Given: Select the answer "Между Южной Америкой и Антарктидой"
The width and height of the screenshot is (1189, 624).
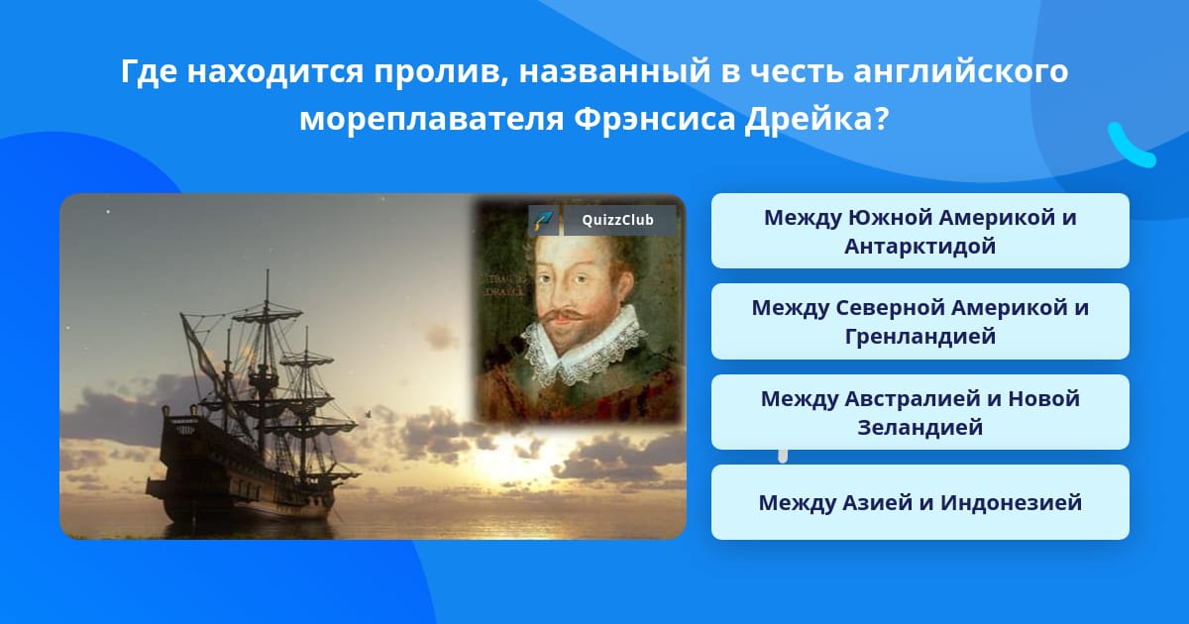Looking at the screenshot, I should pos(919,231).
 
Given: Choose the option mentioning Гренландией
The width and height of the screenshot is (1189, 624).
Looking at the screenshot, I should pos(919,321).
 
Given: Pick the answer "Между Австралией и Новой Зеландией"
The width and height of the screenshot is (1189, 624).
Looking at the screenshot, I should pos(919,412).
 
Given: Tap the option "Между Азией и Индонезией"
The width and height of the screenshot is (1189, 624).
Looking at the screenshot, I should pos(919,502).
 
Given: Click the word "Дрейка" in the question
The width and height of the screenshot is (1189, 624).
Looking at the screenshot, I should pos(809,119).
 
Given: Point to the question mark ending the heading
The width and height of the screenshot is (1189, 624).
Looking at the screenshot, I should pos(879,119).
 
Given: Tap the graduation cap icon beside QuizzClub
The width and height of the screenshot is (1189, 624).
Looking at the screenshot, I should pos(543,220).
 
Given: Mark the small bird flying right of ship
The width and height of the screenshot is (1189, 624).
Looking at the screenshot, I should pos(369,411).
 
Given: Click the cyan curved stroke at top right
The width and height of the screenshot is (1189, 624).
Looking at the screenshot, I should pos(1130,146).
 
